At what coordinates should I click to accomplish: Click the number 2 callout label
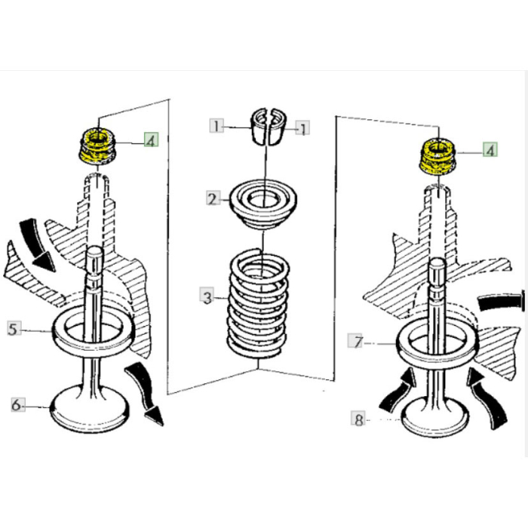pyautogui.click(x=213, y=199)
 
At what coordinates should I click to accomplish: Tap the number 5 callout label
pyautogui.click(x=13, y=328)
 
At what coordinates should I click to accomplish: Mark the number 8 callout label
pyautogui.click(x=359, y=419)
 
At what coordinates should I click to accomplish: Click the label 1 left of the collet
pyautogui.click(x=216, y=126)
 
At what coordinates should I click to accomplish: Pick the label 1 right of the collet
pyautogui.click(x=302, y=129)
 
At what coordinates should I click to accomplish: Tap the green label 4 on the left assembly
pyautogui.click(x=152, y=140)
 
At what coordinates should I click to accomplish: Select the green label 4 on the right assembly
pyautogui.click(x=491, y=150)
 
